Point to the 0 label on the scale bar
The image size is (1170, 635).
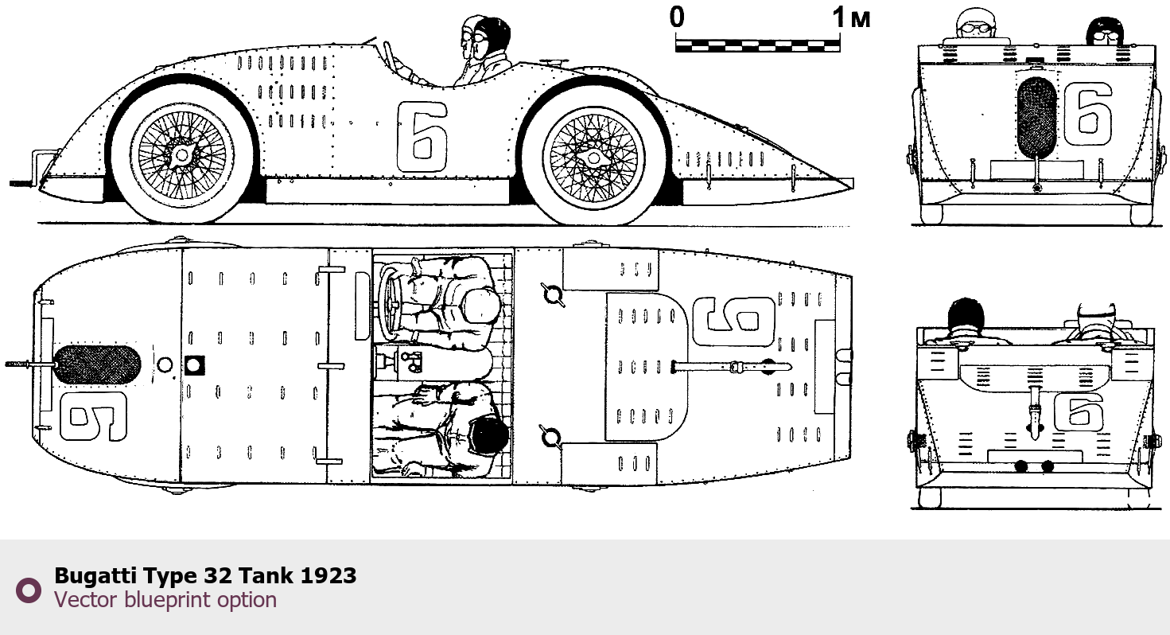(677, 18)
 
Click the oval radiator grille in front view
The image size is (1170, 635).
(1037, 118)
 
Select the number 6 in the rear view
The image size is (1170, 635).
(1079, 412)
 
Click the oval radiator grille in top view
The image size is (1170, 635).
(96, 364)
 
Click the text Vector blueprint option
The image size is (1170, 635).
(165, 600)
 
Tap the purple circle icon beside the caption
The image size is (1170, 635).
(29, 590)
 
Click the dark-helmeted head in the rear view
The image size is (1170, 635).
(966, 314)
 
